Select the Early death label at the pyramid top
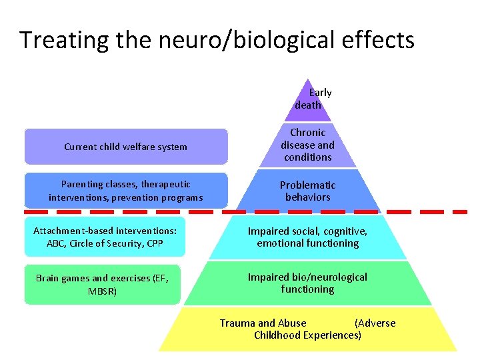313,99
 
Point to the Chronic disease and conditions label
307,145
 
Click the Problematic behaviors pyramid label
307,191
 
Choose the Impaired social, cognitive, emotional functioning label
307,237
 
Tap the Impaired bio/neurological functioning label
307,283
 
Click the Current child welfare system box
126,147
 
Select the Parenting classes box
126,191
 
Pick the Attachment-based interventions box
105,237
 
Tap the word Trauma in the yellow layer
237,323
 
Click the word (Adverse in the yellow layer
375,323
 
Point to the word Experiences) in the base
333,335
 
